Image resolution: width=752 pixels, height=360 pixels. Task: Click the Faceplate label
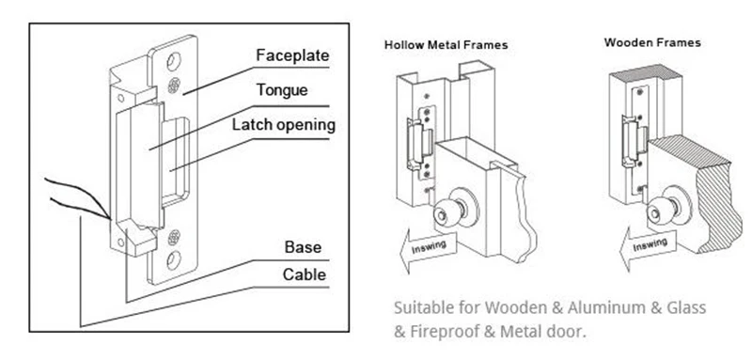(x=292, y=55)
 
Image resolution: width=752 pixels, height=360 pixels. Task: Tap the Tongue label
(x=282, y=90)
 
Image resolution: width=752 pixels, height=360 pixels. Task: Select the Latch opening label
(x=284, y=125)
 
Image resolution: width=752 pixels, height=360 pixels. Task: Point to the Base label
(x=303, y=247)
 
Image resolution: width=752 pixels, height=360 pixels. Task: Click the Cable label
(x=304, y=274)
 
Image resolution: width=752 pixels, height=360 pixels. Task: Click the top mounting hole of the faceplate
(x=174, y=61)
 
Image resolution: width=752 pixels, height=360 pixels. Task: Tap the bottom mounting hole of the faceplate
(x=174, y=259)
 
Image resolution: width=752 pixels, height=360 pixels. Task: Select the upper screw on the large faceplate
(x=174, y=86)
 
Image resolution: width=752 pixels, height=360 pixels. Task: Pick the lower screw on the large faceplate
(x=174, y=237)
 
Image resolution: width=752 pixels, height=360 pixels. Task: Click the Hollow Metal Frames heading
(x=446, y=45)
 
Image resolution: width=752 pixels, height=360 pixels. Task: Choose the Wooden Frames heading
(x=652, y=42)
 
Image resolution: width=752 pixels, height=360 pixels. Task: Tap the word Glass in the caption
(x=686, y=307)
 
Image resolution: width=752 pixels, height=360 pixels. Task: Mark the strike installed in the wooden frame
(x=635, y=141)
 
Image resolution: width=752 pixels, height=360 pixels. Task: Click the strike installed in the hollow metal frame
(x=421, y=144)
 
